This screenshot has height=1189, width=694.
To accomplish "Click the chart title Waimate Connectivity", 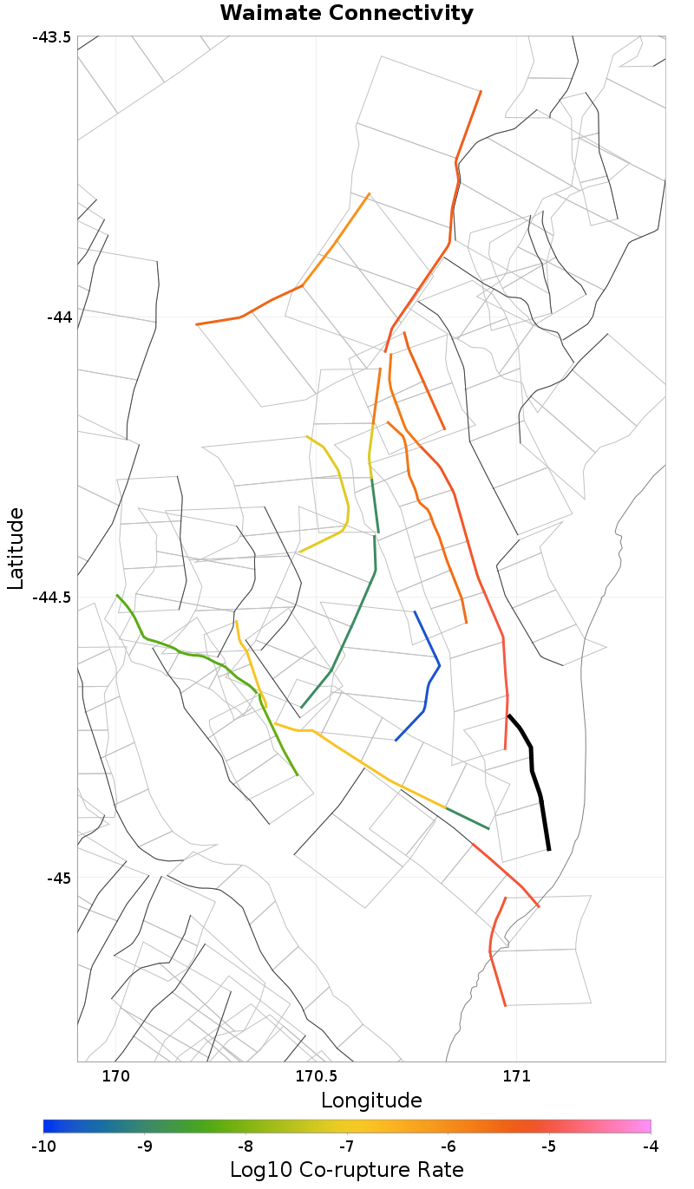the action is tap(347, 13).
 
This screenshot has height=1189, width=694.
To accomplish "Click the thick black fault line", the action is tap(532, 763).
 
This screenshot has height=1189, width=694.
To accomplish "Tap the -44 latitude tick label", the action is tap(58, 317).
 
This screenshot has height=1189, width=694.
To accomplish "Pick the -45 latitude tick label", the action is tap(58, 878).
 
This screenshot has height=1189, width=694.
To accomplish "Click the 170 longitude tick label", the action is tap(115, 1076).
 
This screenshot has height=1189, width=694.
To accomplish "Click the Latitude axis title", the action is tap(16, 549).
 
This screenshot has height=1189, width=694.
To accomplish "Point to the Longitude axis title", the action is tap(371, 1101).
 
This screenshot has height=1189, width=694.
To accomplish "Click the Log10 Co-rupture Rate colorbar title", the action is tap(347, 1169).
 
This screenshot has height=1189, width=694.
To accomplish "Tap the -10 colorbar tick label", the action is tap(43, 1147).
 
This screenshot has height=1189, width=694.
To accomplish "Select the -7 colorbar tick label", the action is tap(347, 1147).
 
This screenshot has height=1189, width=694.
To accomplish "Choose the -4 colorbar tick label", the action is tap(651, 1147).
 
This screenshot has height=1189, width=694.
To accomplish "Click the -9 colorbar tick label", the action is tap(145, 1147).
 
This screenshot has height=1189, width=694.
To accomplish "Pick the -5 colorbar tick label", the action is tap(549, 1147).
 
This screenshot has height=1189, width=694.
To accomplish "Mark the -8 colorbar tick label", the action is tap(246, 1147).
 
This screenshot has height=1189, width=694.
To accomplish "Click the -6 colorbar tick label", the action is tap(448, 1147).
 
